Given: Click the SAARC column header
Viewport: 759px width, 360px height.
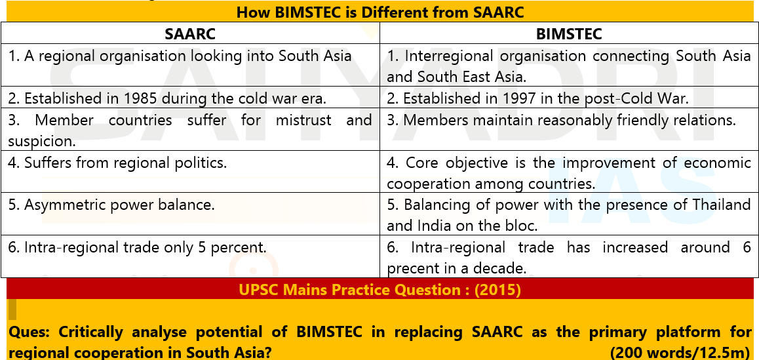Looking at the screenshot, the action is point(190,34).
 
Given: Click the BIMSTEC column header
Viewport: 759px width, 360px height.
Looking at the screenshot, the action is point(569,34).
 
